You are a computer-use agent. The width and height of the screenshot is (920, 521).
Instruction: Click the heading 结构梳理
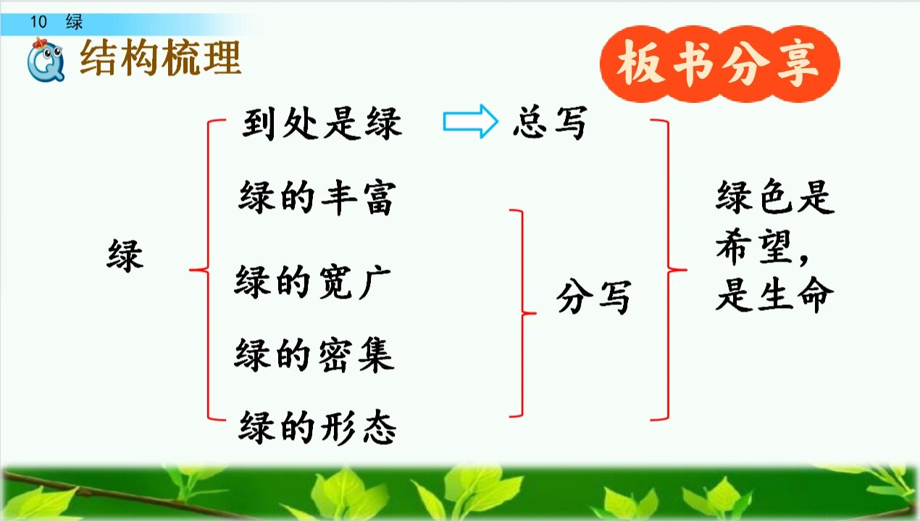pyautogui.click(x=160, y=59)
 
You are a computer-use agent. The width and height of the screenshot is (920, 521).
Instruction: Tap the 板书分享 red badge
pyautogui.click(x=719, y=66)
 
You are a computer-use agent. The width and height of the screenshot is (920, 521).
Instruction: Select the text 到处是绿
pyautogui.click(x=321, y=125)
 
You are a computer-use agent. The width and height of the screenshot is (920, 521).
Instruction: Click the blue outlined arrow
pyautogui.click(x=470, y=122)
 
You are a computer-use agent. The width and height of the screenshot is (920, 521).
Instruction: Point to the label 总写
pyautogui.click(x=548, y=125)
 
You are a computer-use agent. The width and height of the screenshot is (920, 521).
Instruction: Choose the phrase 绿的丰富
pyautogui.click(x=316, y=198)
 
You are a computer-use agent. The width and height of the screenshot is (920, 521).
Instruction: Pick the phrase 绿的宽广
pyautogui.click(x=313, y=280)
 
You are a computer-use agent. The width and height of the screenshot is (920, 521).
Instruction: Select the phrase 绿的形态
pyautogui.click(x=317, y=428)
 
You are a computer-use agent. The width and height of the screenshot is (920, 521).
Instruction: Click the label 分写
pyautogui.click(x=593, y=297)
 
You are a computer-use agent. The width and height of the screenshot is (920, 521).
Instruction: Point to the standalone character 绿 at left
pyautogui.click(x=125, y=256)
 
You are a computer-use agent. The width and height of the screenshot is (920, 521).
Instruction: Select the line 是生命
pyautogui.click(x=774, y=296)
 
